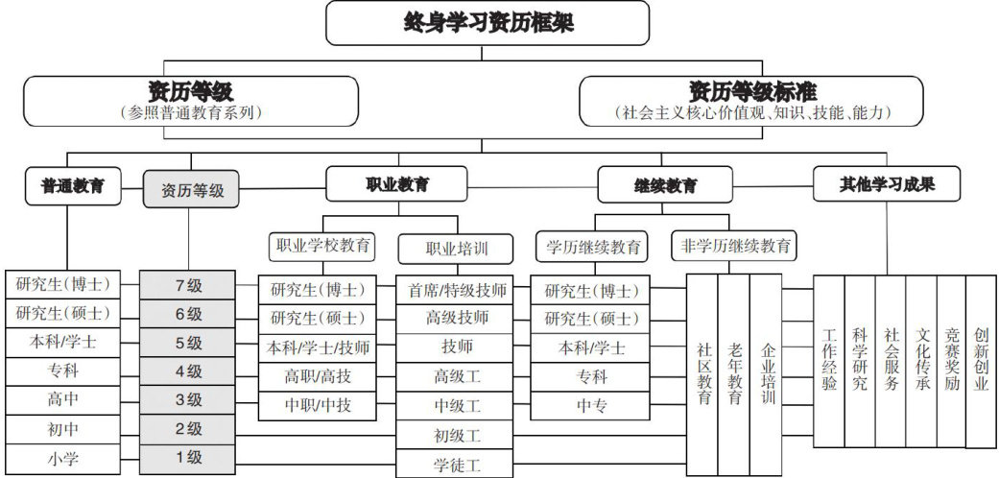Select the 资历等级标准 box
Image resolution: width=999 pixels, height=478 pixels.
pyautogui.click(x=751, y=101)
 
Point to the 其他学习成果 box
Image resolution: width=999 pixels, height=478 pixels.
pyautogui.click(x=887, y=183)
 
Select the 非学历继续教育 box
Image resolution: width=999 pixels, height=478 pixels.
pyautogui.click(x=733, y=245)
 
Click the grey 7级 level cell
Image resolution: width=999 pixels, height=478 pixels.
pyautogui.click(x=188, y=284)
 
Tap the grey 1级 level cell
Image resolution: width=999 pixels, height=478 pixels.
pyautogui.click(x=188, y=458)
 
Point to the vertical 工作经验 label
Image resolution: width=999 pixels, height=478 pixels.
pyautogui.click(x=830, y=361)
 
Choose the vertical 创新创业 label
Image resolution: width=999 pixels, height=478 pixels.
pyautogui.click(x=981, y=361)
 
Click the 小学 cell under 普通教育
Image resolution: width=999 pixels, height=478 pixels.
pyautogui.click(x=62, y=458)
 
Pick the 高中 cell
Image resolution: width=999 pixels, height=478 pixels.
pyautogui.click(x=62, y=399)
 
